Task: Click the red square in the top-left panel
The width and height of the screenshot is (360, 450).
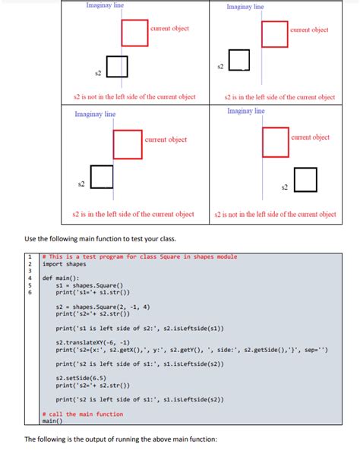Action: click(x=134, y=33)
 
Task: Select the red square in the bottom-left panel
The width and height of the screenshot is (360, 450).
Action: click(x=128, y=144)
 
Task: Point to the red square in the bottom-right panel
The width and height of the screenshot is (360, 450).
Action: click(x=274, y=143)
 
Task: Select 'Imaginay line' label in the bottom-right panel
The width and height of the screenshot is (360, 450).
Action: click(x=246, y=112)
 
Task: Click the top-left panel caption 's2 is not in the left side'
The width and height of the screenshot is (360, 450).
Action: click(x=134, y=97)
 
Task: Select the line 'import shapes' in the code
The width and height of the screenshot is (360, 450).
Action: click(x=63, y=264)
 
